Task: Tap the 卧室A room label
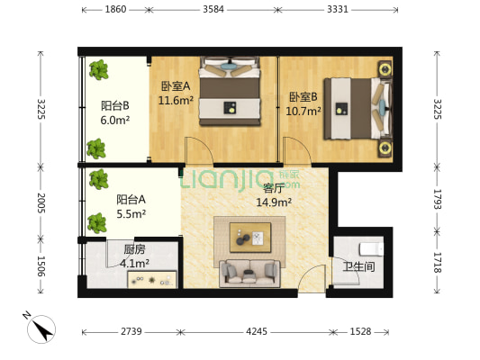click(x=175, y=86)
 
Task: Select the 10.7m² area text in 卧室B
click(x=303, y=112)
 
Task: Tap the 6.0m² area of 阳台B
click(x=114, y=119)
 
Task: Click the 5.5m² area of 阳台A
click(x=131, y=214)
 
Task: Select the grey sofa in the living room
click(x=249, y=271)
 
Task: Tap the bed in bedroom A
click(x=231, y=89)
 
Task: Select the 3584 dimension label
click(x=213, y=10)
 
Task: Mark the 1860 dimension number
click(x=115, y=10)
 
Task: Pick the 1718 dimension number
click(x=439, y=263)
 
